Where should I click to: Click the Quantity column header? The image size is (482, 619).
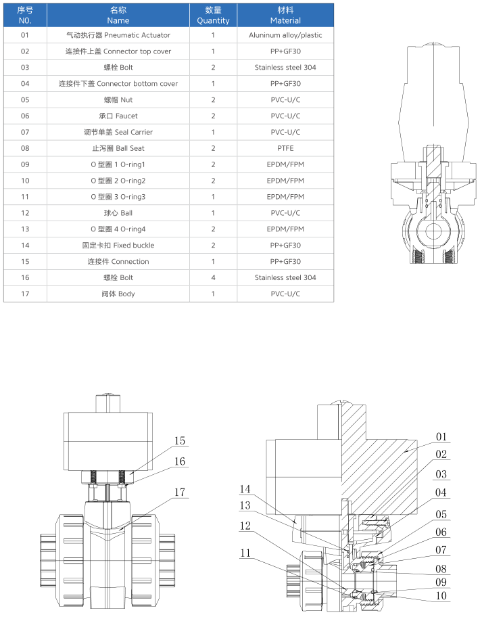pyautogui.click(x=213, y=15)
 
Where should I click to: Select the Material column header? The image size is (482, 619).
pyautogui.click(x=285, y=15)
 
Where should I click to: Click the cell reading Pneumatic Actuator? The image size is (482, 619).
pyautogui.click(x=118, y=35)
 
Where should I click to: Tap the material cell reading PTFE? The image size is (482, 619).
pyautogui.click(x=285, y=148)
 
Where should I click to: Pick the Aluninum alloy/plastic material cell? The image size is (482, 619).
pyautogui.click(x=285, y=35)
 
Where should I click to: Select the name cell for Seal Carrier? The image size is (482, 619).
pyautogui.click(x=118, y=132)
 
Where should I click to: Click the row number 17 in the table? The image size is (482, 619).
pyautogui.click(x=25, y=294)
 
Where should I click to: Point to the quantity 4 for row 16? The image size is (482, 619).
pyautogui.click(x=213, y=277)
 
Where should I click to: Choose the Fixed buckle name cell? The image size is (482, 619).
pyautogui.click(x=118, y=245)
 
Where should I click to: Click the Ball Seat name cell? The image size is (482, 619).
pyautogui.click(x=118, y=148)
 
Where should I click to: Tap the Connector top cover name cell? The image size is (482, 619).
pyautogui.click(x=118, y=51)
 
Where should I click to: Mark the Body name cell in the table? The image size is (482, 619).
pyautogui.click(x=118, y=294)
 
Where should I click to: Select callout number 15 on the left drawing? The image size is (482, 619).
pyautogui.click(x=179, y=441)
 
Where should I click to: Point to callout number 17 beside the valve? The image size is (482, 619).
pyautogui.click(x=179, y=492)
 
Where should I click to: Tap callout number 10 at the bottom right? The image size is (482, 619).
pyautogui.click(x=441, y=597)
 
